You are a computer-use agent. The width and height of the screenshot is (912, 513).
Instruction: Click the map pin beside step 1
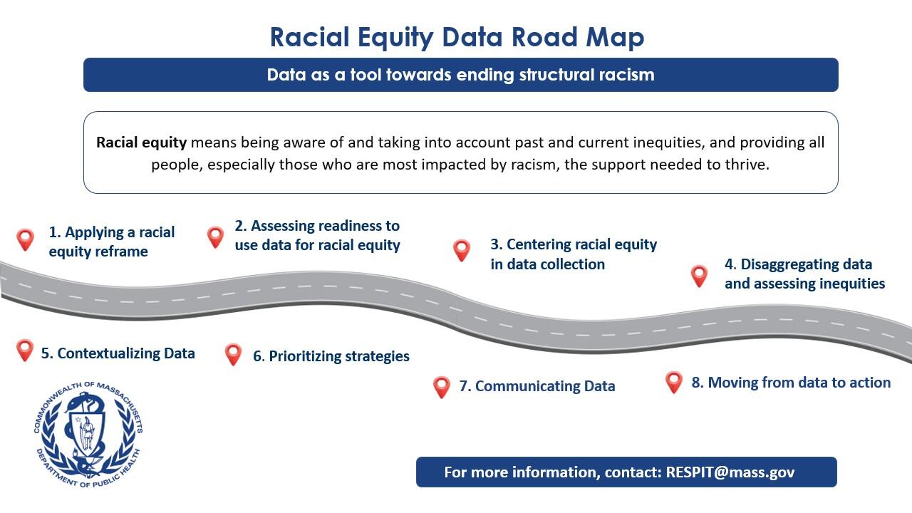pyautogui.click(x=25, y=239)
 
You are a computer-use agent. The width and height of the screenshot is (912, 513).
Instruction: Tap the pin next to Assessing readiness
pyautogui.click(x=215, y=237)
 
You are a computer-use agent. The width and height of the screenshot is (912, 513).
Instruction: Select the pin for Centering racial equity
pyautogui.click(x=462, y=250)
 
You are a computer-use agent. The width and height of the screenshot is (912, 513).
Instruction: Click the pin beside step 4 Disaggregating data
pyautogui.click(x=699, y=276)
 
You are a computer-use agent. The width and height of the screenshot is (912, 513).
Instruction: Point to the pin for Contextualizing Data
pyautogui.click(x=25, y=350)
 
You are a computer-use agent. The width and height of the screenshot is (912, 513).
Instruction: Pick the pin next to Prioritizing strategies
pyautogui.click(x=233, y=353)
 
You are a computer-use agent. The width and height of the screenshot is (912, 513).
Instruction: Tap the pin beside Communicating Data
pyautogui.click(x=442, y=387)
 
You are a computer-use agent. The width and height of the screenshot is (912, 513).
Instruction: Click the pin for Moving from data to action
pyautogui.click(x=674, y=382)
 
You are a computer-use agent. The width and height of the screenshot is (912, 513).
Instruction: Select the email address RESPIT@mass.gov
pyautogui.click(x=730, y=472)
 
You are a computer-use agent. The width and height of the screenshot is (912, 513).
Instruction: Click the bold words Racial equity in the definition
pyautogui.click(x=141, y=142)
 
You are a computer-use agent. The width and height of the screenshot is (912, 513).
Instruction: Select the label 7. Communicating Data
pyautogui.click(x=537, y=386)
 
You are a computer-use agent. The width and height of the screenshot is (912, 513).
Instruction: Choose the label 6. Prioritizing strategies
pyautogui.click(x=331, y=356)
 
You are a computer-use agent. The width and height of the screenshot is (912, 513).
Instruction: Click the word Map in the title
pyautogui.click(x=615, y=37)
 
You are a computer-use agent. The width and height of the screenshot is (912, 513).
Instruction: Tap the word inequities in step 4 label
pyautogui.click(x=849, y=284)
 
